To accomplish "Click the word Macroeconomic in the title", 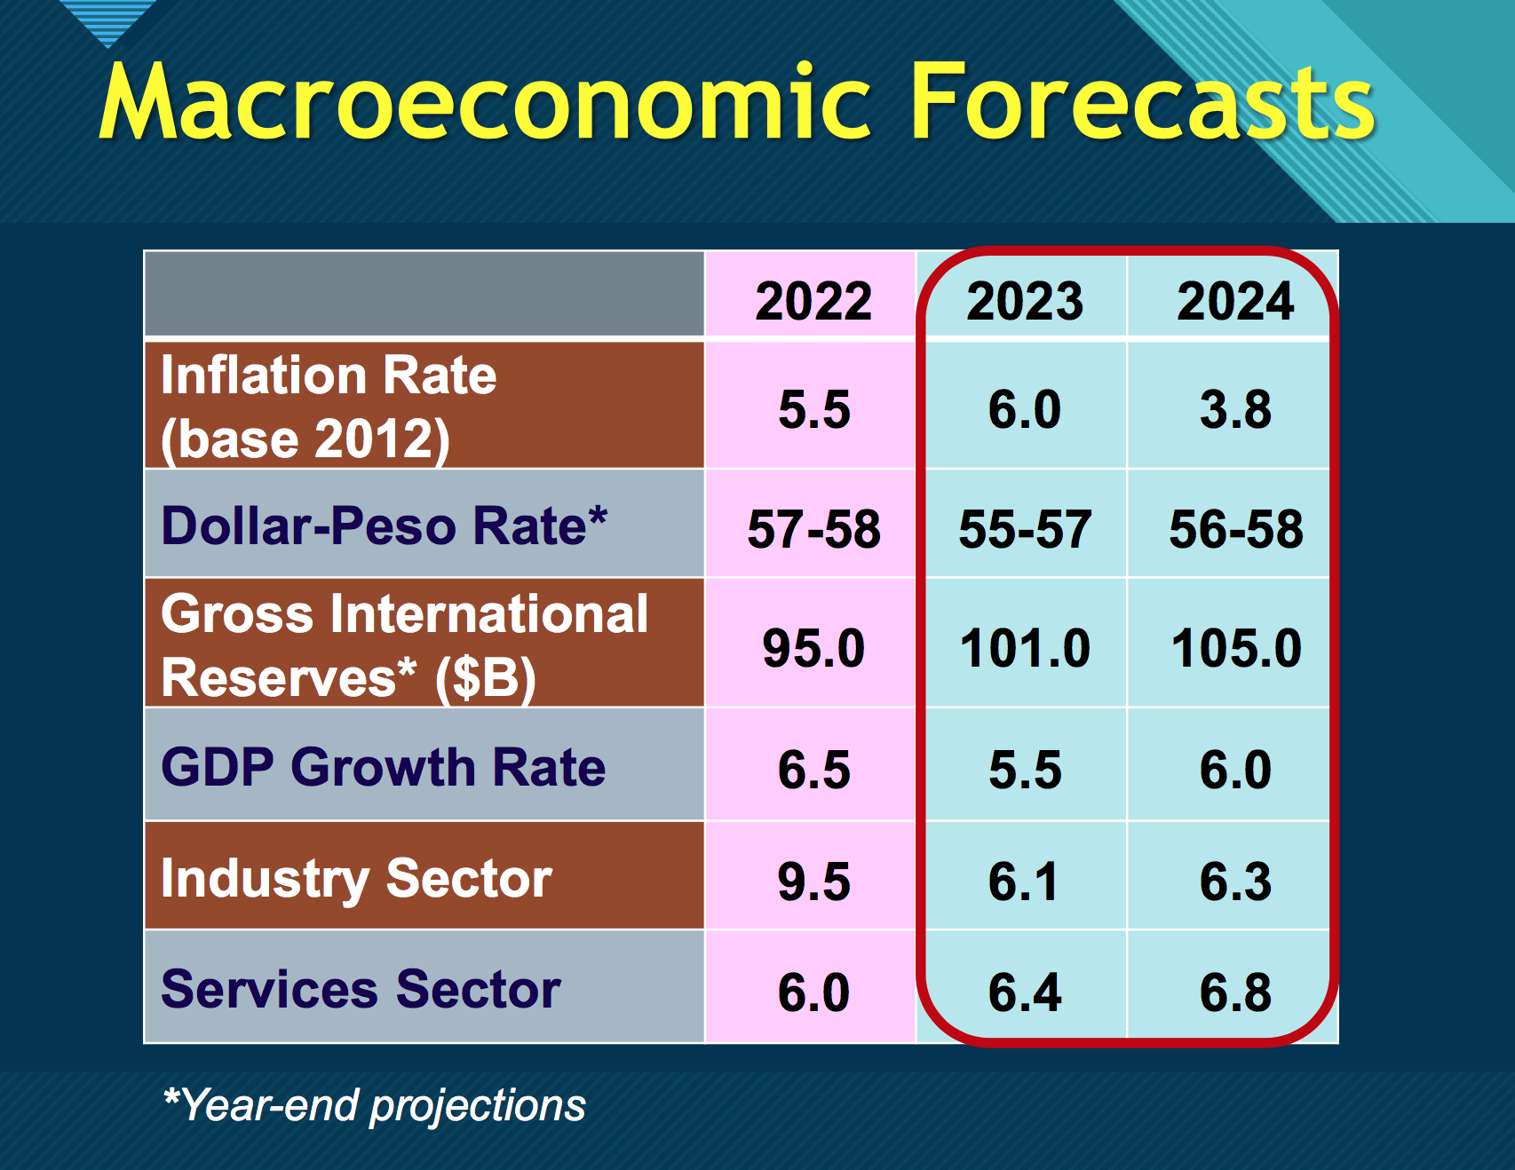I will click(484, 102).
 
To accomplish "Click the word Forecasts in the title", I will click(1142, 102).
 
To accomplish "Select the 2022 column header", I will click(813, 301).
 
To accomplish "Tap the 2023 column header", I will click(1025, 301).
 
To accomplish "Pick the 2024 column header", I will click(1235, 301).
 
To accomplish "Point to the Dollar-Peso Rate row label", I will click(384, 526).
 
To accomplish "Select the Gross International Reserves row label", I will click(404, 645).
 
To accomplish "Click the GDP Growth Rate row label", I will click(383, 767).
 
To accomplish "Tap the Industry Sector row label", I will click(356, 879).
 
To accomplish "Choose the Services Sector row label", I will click(361, 989).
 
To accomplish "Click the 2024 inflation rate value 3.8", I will click(1235, 410).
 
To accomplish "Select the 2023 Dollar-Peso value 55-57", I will click(1025, 529).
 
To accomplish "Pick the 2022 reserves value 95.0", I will click(813, 648).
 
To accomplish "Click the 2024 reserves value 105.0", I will click(1236, 648).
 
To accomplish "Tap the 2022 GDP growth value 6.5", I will click(813, 770).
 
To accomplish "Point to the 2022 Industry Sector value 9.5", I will click(813, 881).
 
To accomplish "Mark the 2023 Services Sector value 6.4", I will click(1025, 992).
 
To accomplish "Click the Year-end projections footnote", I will click(375, 1106).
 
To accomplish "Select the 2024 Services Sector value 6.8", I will click(1235, 992).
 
